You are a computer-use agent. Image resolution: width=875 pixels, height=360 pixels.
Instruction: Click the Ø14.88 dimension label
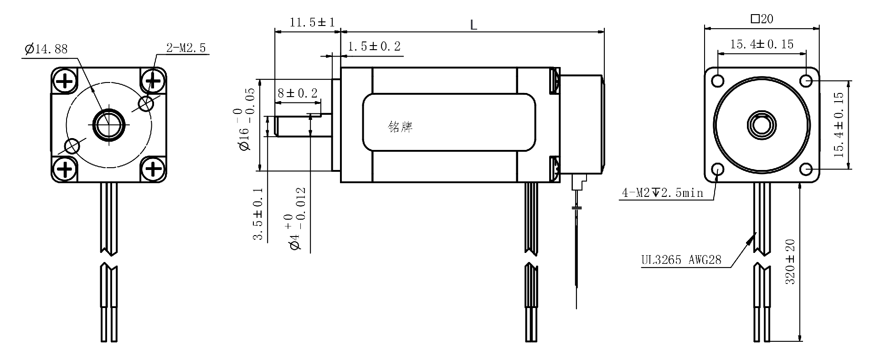point(46,49)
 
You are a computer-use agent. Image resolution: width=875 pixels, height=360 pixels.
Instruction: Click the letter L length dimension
point(474,25)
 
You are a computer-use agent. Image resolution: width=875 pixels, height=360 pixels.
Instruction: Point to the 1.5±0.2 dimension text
point(374,46)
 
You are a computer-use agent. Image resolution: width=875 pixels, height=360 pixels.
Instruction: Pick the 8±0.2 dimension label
point(298,93)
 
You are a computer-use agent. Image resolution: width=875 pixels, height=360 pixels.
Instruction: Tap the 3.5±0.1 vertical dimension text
point(258,214)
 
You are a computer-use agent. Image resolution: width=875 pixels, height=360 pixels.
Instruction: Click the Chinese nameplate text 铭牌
point(400,127)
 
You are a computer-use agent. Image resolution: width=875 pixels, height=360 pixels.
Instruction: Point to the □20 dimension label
point(762,19)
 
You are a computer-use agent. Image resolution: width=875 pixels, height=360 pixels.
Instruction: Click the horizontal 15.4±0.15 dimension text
point(762,44)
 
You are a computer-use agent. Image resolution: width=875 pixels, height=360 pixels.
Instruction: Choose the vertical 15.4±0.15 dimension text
point(839,125)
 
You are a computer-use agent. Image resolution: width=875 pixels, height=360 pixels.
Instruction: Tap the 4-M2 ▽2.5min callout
point(663,193)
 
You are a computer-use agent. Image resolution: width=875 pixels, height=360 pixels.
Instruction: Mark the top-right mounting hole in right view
point(806,81)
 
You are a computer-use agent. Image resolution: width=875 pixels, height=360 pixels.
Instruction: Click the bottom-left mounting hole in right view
point(717,169)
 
